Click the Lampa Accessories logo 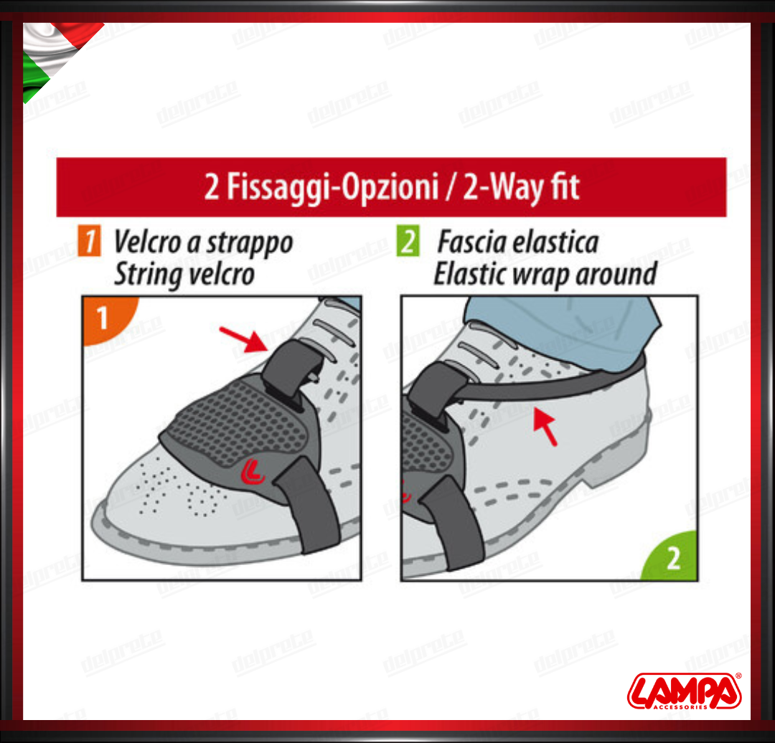685,691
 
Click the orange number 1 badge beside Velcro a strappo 89,240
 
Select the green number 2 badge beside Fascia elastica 408,240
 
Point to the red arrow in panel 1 244,339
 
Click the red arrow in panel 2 545,426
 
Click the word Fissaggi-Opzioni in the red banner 333,188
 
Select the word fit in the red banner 565,186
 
